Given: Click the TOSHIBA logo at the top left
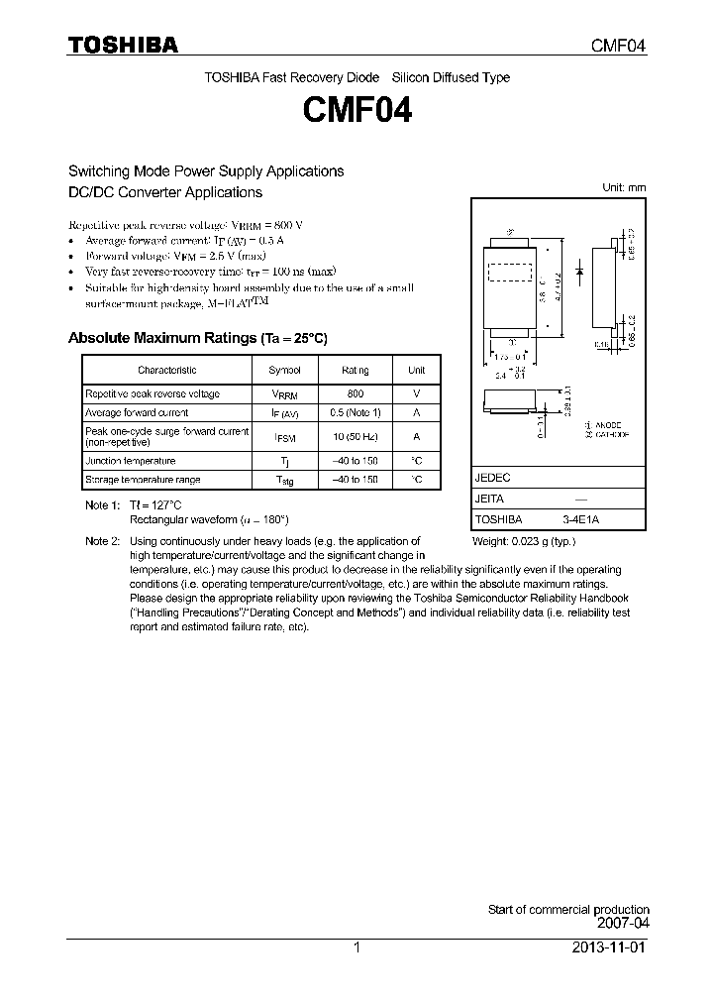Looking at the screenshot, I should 123,45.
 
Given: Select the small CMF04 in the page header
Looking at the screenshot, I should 618,46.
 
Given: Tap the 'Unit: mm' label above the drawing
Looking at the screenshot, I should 624,187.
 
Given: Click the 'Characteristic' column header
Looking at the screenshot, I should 166,370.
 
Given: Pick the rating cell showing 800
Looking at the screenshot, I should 355,393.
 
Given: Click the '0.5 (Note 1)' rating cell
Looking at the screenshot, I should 355,412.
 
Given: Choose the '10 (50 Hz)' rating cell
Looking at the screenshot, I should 355,435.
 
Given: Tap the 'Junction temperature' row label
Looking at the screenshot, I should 130,461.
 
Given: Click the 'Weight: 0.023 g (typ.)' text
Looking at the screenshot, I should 523,541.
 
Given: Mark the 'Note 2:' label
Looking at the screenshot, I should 102,541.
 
